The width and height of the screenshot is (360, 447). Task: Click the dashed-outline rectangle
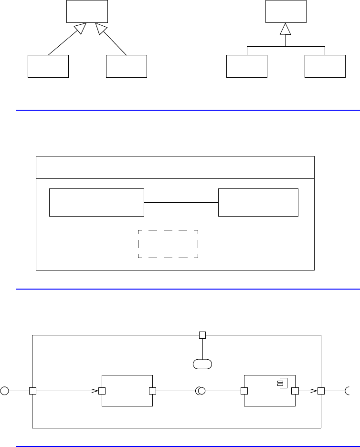coord(168,244)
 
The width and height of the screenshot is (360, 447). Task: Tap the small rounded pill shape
coord(202,364)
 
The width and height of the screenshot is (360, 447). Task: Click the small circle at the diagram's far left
coord(5,391)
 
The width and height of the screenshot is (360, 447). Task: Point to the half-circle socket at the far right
coord(348,391)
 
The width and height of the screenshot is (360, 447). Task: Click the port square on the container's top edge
coord(202,335)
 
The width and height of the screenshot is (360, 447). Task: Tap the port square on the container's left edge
coord(32,391)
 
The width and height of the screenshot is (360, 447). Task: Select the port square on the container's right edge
coord(321,391)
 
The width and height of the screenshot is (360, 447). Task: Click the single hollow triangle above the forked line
coord(285,30)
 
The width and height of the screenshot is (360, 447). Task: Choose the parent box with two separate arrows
coord(87,11)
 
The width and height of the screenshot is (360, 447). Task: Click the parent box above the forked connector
coord(286,11)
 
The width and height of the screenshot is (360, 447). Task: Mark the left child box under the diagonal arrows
coord(48,66)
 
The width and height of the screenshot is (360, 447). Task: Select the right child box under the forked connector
coord(325,66)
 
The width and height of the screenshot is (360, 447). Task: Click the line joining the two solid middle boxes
coord(181,203)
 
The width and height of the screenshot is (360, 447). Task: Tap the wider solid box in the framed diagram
coord(96,202)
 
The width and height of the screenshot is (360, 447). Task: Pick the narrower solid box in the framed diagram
coord(258,202)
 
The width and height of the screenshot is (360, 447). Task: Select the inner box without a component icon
coord(127,391)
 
